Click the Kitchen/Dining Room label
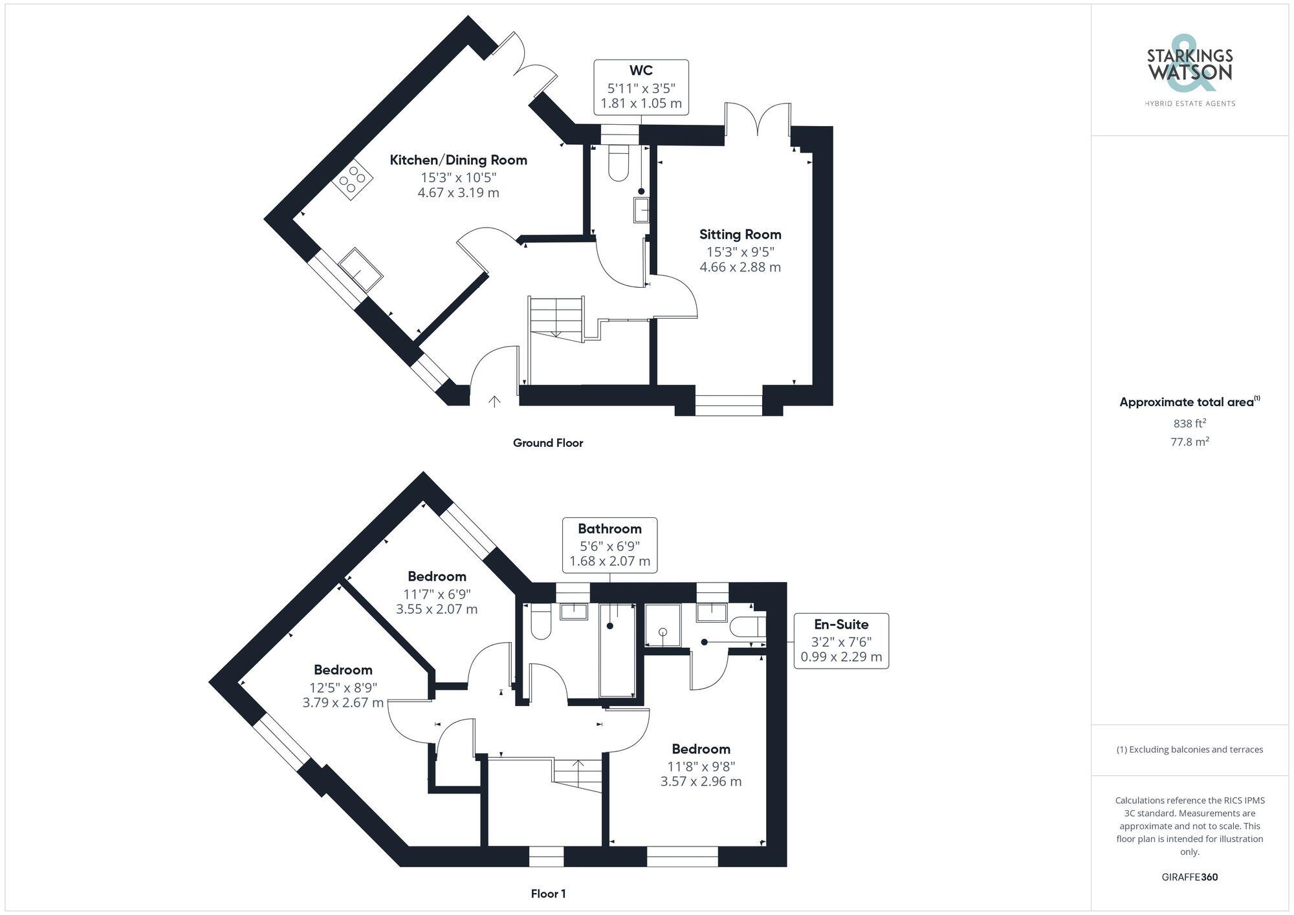(x=458, y=160)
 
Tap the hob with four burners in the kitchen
(x=353, y=179)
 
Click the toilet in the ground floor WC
(x=619, y=163)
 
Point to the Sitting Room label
(x=740, y=235)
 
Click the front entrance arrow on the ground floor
(x=494, y=402)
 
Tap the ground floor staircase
(x=556, y=317)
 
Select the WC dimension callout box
(x=641, y=87)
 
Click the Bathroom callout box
(x=609, y=545)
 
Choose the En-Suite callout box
(x=841, y=641)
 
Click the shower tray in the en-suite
(x=663, y=625)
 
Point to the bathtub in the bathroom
(x=617, y=650)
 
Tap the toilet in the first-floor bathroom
(x=540, y=622)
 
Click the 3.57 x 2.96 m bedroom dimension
(x=701, y=781)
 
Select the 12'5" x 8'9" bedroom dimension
(x=343, y=687)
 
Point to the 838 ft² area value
(x=1189, y=424)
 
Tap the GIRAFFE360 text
(x=1189, y=877)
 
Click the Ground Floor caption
(x=548, y=443)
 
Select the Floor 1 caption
(x=548, y=894)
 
